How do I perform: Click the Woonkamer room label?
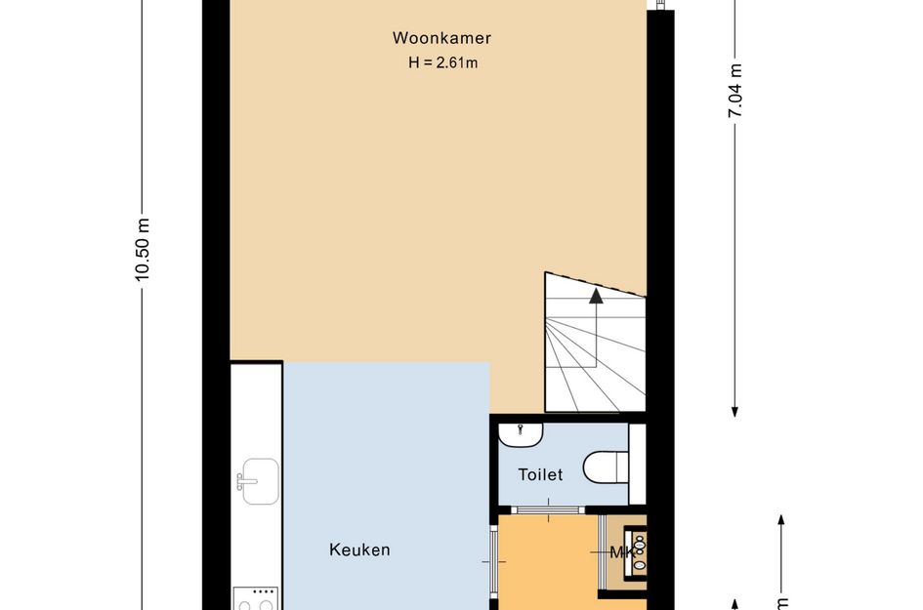click(441, 39)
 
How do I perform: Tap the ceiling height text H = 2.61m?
click(441, 62)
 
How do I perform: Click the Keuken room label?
click(359, 550)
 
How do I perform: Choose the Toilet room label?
click(540, 475)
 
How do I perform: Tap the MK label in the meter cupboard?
click(621, 553)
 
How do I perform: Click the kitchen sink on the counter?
click(261, 481)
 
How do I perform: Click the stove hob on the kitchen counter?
click(256, 600)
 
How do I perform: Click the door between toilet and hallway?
click(548, 509)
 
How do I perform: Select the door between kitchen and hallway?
click(491, 561)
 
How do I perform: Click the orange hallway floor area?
click(547, 566)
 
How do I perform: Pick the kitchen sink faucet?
click(240, 481)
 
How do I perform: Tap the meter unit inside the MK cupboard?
click(638, 552)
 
